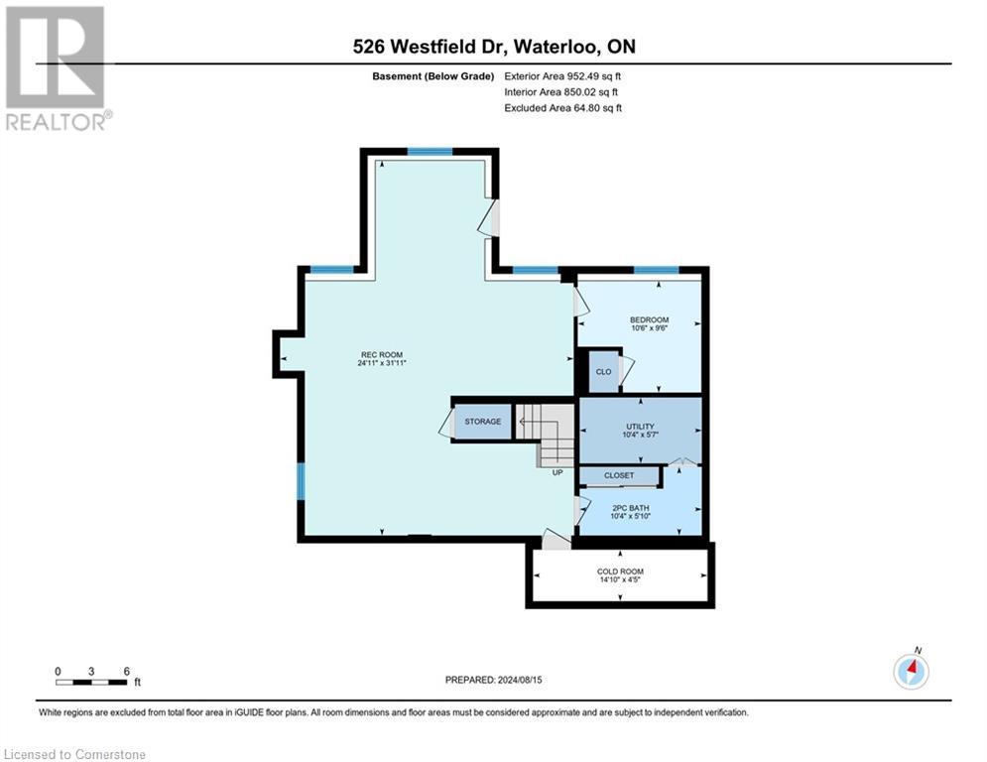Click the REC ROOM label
click(382, 354)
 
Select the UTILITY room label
click(640, 426)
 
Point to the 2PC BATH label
click(639, 506)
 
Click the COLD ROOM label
click(620, 571)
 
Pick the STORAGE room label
click(483, 422)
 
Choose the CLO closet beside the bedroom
click(602, 372)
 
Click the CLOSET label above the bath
click(619, 476)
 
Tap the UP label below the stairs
click(557, 472)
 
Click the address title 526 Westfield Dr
click(493, 46)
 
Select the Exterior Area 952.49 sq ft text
click(562, 76)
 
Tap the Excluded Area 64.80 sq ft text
click(562, 108)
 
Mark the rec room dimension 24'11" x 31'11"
click(382, 363)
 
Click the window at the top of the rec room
click(430, 152)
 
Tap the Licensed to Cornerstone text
click(74, 755)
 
